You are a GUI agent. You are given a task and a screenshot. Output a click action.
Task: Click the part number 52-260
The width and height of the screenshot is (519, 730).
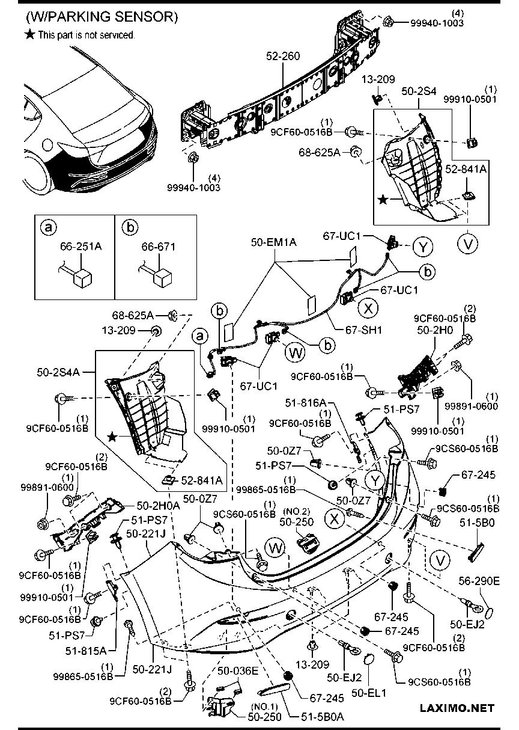[283, 56]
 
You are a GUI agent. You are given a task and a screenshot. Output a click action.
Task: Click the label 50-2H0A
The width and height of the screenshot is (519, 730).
[159, 506]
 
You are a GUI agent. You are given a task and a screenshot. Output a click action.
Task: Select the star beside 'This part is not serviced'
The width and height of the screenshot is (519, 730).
[29, 35]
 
